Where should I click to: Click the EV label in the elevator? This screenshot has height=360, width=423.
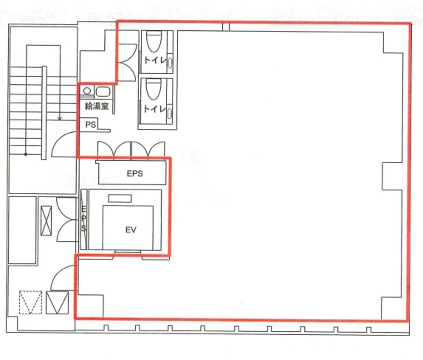click(131, 230)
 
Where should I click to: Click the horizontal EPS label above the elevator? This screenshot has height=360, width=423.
click(135, 173)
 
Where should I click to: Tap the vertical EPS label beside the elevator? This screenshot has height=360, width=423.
click(84, 219)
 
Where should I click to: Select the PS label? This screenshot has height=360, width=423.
click(91, 124)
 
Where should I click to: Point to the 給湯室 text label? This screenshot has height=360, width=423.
click(97, 106)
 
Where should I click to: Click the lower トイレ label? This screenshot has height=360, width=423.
click(155, 109)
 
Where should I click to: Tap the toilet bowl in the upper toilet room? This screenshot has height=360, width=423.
click(154, 41)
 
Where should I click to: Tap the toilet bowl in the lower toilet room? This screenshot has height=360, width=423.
click(153, 90)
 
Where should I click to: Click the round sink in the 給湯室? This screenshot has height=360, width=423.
click(87, 91)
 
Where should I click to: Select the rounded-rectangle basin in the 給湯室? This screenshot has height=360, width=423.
click(103, 92)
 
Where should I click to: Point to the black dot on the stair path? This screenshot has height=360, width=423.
click(26, 154)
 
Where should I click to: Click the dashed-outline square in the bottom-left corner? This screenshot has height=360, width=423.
click(30, 302)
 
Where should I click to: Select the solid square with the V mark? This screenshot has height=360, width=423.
click(57, 302)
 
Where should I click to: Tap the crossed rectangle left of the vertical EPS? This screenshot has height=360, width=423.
click(46, 221)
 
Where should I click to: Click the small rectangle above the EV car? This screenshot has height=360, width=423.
click(120, 199)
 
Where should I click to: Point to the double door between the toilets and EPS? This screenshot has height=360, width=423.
click(131, 149)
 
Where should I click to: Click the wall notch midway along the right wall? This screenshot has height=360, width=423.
click(392, 176)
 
